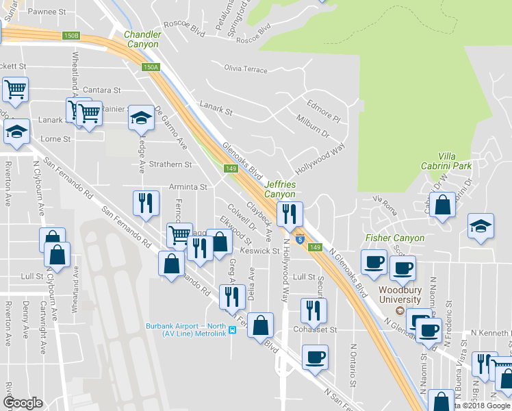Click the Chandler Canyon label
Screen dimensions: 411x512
(x=143, y=39)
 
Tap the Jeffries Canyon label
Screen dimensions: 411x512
(x=280, y=190)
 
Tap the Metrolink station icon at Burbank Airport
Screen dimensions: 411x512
(x=232, y=329)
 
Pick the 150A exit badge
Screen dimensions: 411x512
(x=151, y=67)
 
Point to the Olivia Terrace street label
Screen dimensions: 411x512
(x=246, y=69)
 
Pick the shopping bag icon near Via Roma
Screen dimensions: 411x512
(x=442, y=205)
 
